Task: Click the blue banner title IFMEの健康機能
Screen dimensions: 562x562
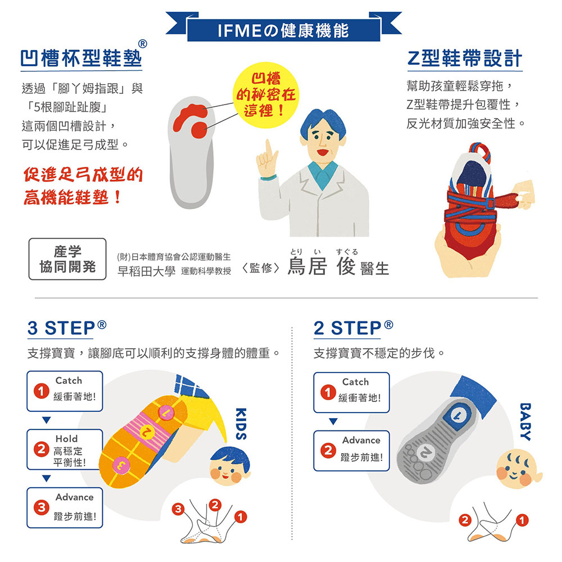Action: [283, 30]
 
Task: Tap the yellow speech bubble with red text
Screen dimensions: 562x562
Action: [266, 95]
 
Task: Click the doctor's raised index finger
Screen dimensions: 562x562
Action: [268, 149]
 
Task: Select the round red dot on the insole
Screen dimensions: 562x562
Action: [199, 130]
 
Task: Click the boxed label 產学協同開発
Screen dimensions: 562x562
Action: [67, 259]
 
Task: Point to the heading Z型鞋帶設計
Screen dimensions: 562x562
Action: [465, 58]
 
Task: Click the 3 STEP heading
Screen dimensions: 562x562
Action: [67, 328]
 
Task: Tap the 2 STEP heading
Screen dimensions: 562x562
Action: [353, 328]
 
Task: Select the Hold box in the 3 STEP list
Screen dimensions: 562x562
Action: [65, 450]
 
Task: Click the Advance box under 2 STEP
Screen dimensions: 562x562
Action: [351, 451]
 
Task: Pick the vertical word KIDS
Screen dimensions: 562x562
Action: [241, 424]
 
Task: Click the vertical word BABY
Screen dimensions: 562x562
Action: [525, 422]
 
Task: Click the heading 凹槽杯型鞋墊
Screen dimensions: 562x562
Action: [81, 58]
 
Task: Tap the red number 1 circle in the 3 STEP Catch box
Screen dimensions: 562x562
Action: [41, 391]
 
